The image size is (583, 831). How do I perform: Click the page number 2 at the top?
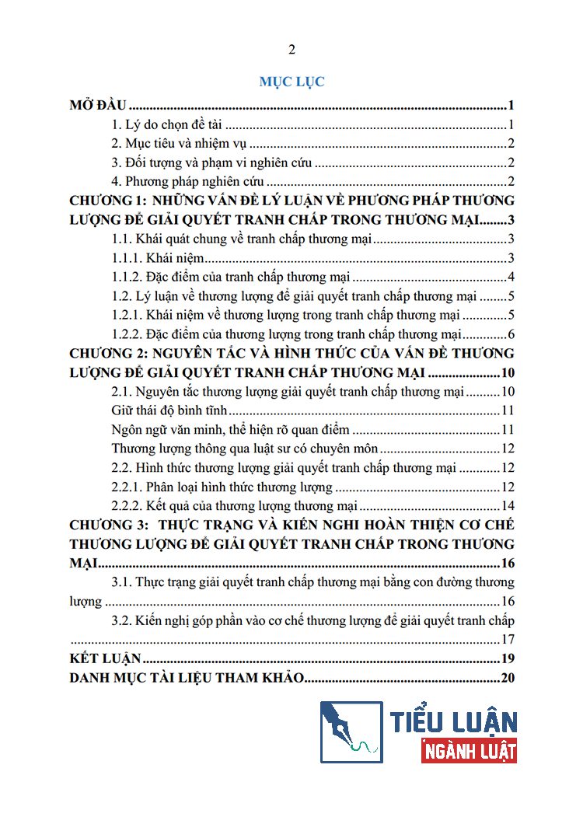click(291, 51)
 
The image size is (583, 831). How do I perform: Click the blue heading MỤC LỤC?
click(291, 81)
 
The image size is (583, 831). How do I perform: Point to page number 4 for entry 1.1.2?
click(512, 277)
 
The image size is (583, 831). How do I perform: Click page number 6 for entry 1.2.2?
click(512, 334)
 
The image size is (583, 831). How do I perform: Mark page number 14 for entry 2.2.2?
click(509, 506)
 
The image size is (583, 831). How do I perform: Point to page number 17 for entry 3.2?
click(509, 640)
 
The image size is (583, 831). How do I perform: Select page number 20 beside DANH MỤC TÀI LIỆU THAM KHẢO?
click(509, 678)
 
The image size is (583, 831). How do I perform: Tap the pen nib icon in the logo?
click(351, 731)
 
